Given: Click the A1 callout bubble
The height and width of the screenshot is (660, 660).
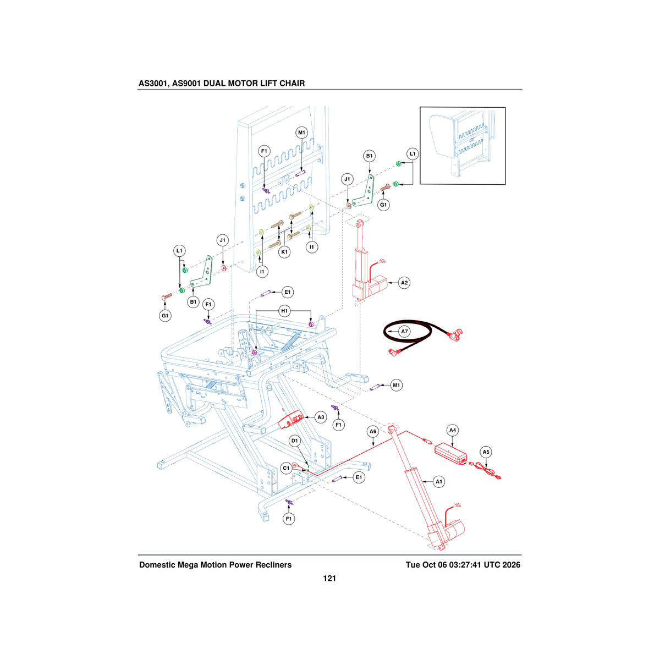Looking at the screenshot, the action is pyautogui.click(x=439, y=482).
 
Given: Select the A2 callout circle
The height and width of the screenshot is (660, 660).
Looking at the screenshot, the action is pyautogui.click(x=404, y=283).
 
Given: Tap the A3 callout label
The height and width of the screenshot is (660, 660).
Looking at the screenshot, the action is pyautogui.click(x=321, y=417).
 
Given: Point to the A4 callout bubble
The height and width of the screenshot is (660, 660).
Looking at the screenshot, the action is pyautogui.click(x=453, y=430).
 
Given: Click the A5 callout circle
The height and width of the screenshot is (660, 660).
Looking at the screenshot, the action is pyautogui.click(x=486, y=452).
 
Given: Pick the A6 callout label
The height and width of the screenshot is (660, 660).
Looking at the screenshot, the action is pyautogui.click(x=373, y=432).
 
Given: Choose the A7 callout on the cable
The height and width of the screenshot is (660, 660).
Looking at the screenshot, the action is pyautogui.click(x=404, y=331).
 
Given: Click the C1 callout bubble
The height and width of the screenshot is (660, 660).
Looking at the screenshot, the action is pyautogui.click(x=287, y=468).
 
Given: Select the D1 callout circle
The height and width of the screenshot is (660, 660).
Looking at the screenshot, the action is pyautogui.click(x=295, y=441).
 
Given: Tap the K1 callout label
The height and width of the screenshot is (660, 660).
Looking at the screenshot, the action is pyautogui.click(x=284, y=252).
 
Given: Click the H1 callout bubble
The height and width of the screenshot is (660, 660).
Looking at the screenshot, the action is pyautogui.click(x=284, y=311).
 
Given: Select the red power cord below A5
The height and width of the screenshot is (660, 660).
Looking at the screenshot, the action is pyautogui.click(x=486, y=470).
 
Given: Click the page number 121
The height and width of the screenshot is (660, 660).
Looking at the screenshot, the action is pyautogui.click(x=329, y=579).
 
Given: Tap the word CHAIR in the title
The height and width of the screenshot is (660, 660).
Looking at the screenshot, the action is pyautogui.click(x=292, y=83).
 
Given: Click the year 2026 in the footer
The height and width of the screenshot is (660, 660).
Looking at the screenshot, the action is pyautogui.click(x=510, y=565).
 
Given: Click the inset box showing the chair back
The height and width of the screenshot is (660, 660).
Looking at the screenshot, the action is pyautogui.click(x=463, y=146).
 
